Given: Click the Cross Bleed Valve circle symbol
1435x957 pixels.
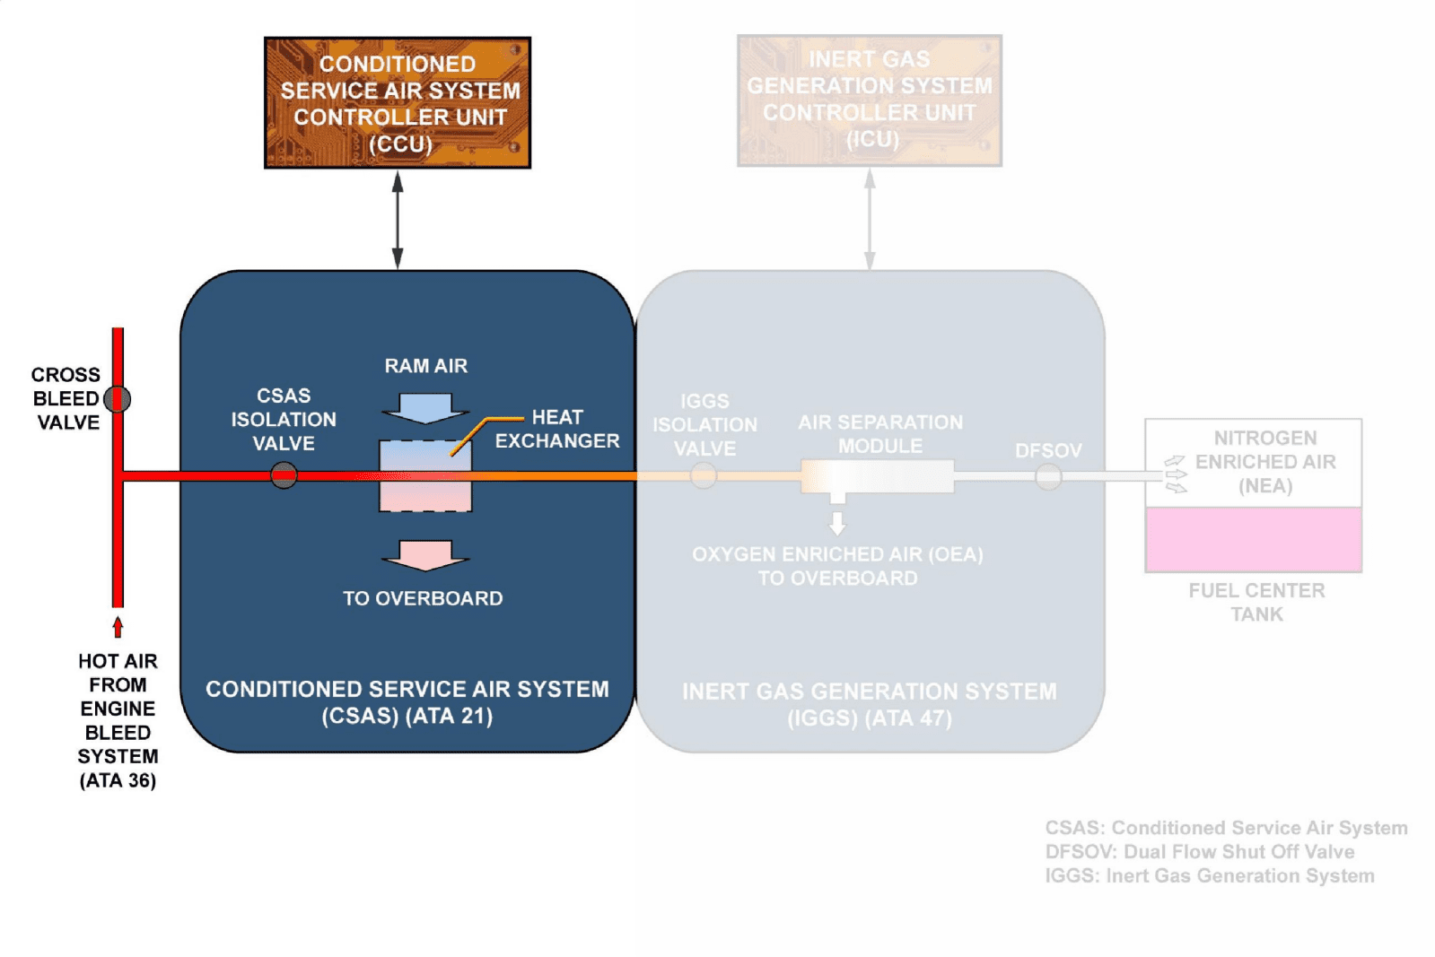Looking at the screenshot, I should click(x=118, y=398).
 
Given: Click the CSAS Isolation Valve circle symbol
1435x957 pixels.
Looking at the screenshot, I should click(x=284, y=474).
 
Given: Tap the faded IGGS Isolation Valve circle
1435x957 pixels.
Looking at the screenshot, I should click(x=704, y=475).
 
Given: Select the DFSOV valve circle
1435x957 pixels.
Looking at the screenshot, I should click(x=1048, y=476).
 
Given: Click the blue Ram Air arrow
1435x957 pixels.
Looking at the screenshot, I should click(x=425, y=408).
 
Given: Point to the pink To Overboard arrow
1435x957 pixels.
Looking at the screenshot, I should click(x=425, y=555).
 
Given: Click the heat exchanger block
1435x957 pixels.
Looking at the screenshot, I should click(x=425, y=476).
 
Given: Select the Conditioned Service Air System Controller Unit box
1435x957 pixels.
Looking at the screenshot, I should click(x=398, y=103).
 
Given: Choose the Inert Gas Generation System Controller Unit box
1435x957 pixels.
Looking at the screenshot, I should click(x=869, y=100).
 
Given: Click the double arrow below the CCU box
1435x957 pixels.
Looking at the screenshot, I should click(x=398, y=220).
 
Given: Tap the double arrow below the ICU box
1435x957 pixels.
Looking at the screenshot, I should click(x=869, y=220).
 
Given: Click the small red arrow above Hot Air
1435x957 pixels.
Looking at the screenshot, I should click(x=118, y=625).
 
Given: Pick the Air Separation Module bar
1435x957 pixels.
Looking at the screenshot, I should click(x=877, y=476).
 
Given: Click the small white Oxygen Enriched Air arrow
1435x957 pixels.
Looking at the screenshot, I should click(x=837, y=522).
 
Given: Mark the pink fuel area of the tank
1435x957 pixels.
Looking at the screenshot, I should click(x=1253, y=539).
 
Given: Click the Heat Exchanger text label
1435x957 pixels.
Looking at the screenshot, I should click(x=556, y=429).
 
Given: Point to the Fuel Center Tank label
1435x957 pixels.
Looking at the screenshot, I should click(x=1256, y=602).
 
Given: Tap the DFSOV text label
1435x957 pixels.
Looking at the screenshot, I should click(x=1048, y=450).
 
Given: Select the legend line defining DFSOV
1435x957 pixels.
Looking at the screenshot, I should click(x=1199, y=851).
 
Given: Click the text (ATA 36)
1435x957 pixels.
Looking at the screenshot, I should click(x=118, y=780).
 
